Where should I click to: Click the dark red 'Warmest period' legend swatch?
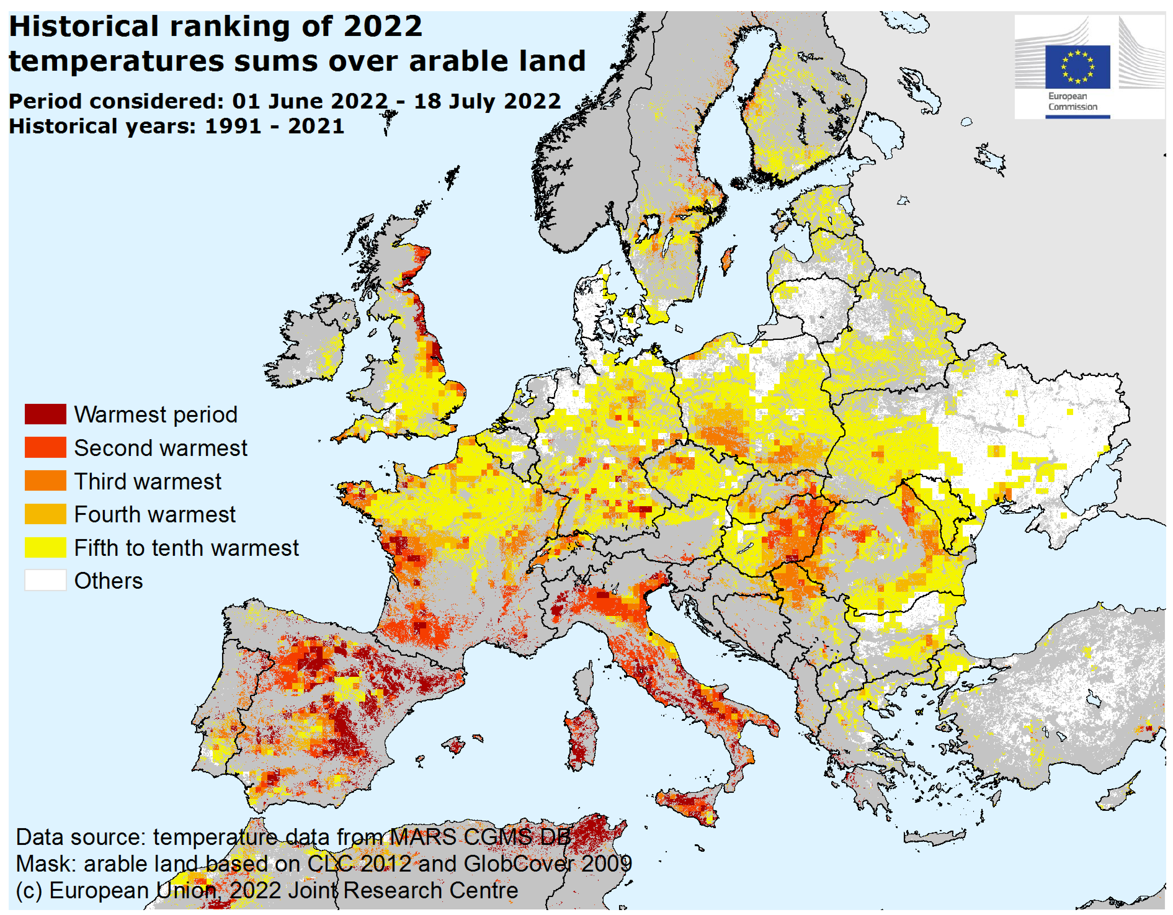(x=45, y=414)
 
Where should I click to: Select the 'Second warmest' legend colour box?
(x=45, y=447)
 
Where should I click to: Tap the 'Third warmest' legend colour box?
(x=45, y=480)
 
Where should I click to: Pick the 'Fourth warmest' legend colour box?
(x=45, y=514)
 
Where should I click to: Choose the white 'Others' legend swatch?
(x=45, y=580)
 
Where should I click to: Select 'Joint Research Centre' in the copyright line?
(x=403, y=891)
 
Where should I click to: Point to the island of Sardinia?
(x=582, y=738)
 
